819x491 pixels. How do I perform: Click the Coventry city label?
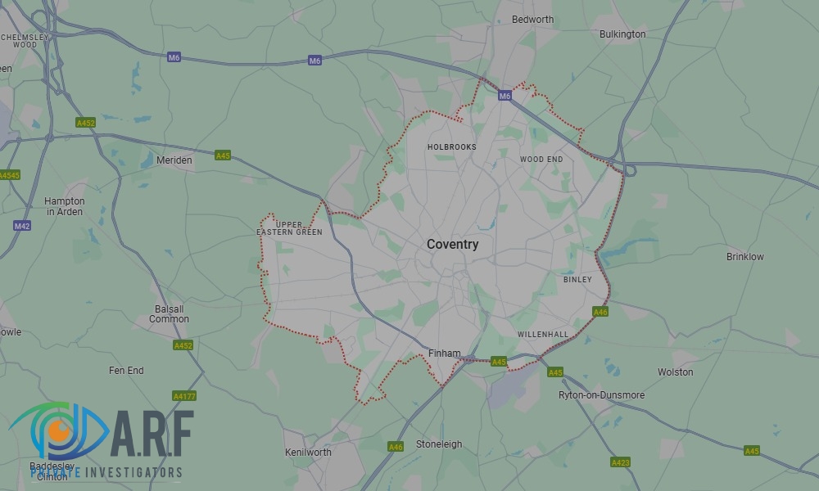tap(452, 245)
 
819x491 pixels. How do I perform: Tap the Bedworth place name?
tap(532, 19)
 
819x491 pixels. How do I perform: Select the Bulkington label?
tap(622, 34)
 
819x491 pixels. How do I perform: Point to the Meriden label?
tap(174, 160)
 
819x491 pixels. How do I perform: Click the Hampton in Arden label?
tap(65, 206)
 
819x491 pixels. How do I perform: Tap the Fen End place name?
tap(126, 371)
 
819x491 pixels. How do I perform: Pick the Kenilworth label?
tap(308, 453)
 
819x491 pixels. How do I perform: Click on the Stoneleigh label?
tap(439, 444)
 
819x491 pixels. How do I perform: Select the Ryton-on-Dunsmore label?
tap(601, 395)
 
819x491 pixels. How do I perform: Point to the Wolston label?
tap(675, 372)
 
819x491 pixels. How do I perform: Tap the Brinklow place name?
tap(744, 257)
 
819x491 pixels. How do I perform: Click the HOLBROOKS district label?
tap(451, 147)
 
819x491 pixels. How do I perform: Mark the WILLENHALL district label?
tap(542, 335)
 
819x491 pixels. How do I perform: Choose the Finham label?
tap(445, 354)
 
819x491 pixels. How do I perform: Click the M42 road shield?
tap(22, 225)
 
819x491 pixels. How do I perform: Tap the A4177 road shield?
tap(184, 396)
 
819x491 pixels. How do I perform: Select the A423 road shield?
tap(620, 462)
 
